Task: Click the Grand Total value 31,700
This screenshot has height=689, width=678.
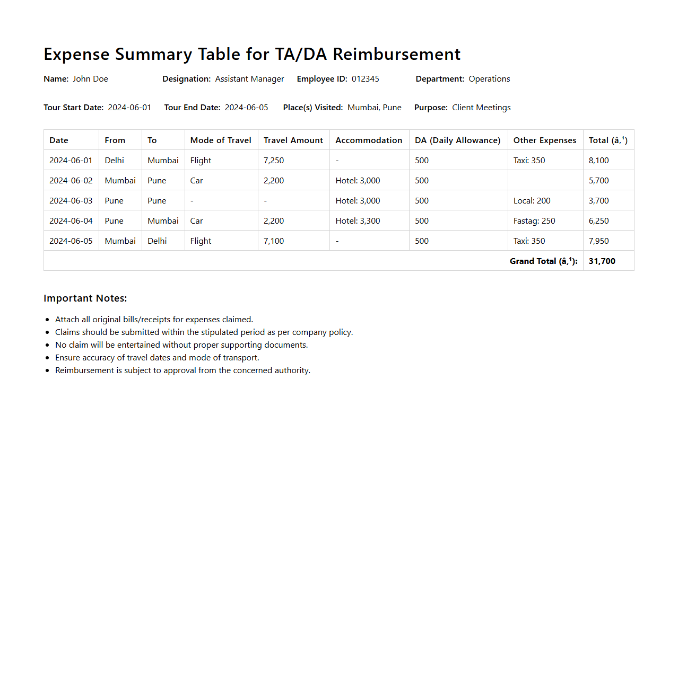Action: [602, 261]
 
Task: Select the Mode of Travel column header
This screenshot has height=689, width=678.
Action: [221, 140]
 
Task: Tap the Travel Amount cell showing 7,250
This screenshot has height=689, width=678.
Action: [274, 160]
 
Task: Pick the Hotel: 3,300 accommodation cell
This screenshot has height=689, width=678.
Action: [358, 220]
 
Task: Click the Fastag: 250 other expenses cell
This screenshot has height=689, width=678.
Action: [534, 220]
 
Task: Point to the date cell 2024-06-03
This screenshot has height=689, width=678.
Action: [71, 200]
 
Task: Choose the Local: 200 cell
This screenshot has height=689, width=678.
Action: [532, 200]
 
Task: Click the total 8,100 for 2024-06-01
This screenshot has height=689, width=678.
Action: [598, 160]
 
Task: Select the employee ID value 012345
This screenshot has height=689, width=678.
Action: [365, 78]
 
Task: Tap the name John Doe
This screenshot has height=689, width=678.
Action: [90, 78]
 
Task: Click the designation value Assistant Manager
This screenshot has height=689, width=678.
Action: [249, 78]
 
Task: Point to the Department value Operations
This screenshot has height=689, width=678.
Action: [489, 78]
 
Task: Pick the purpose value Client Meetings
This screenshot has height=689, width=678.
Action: [481, 107]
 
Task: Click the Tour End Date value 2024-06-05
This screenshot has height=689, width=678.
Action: [246, 107]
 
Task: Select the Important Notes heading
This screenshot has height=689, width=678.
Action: [85, 298]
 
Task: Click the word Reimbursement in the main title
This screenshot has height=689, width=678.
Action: [396, 54]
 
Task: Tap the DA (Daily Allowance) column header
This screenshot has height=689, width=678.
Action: [457, 140]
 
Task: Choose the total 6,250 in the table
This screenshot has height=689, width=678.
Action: [598, 220]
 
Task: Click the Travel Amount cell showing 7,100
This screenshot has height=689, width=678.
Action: [274, 241]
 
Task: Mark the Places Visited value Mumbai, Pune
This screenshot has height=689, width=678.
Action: [374, 107]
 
